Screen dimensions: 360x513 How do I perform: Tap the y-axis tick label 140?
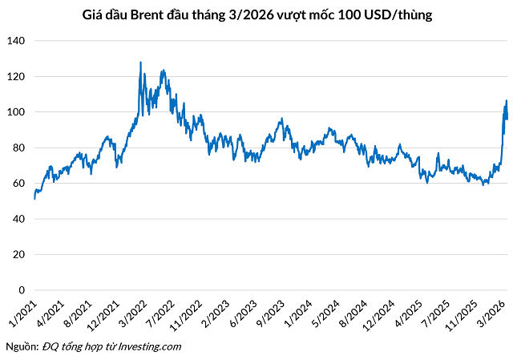point(17,41)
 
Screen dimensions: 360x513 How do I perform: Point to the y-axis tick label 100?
point(17,112)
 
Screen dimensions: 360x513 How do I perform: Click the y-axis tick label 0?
point(22,290)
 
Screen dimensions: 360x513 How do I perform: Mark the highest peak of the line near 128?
point(141,63)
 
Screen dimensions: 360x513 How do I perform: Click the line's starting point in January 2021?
point(34,197)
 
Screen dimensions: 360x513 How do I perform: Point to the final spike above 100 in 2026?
point(506,101)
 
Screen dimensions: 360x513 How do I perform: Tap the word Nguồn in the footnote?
point(21,346)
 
